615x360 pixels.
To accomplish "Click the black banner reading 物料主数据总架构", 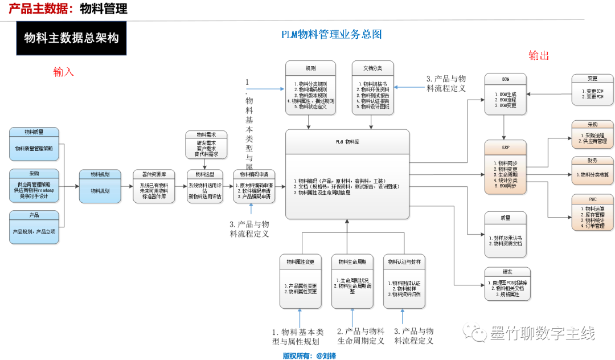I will [x=71, y=39].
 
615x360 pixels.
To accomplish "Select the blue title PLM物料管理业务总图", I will [x=331, y=34].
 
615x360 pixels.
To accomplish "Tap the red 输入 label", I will [x=64, y=72].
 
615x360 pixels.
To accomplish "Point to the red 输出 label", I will [x=539, y=55].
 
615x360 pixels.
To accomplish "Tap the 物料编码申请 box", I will [x=255, y=186].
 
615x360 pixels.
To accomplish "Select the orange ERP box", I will [x=505, y=163].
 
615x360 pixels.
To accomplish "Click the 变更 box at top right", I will [x=592, y=89].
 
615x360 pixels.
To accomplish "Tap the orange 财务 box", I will [x=592, y=170].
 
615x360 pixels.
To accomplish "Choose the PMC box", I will [x=592, y=212].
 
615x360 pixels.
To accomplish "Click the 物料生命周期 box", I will [x=352, y=281].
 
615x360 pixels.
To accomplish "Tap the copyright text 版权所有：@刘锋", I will [x=309, y=355].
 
